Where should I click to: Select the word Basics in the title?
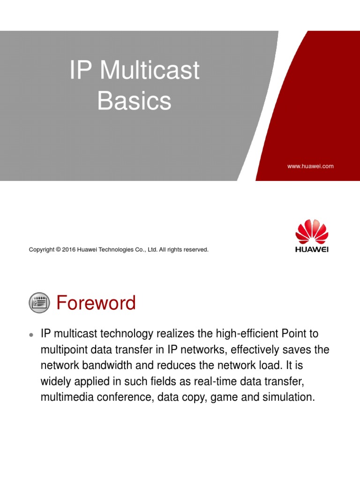pyautogui.click(x=134, y=101)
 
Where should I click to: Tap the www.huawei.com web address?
pyautogui.click(x=311, y=166)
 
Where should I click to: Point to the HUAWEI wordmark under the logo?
pyautogui.click(x=312, y=249)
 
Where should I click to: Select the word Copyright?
pyautogui.click(x=41, y=250)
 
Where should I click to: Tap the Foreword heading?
pyautogui.click(x=96, y=303)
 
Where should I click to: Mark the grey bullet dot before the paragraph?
pyautogui.click(x=31, y=335)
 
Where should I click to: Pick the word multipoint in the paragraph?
pyautogui.click(x=64, y=350)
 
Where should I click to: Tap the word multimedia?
pyautogui.click(x=64, y=397)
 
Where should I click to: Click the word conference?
pyautogui.click(x=123, y=397)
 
